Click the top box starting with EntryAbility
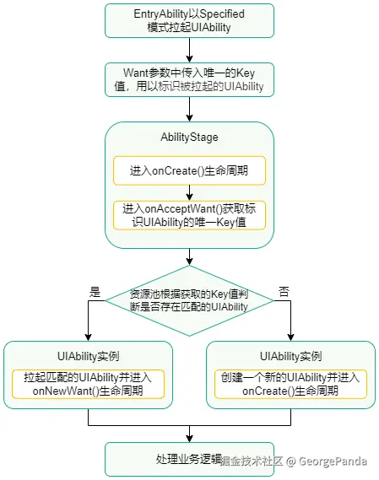pyautogui.click(x=189, y=20)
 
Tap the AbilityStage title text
pyautogui.click(x=189, y=137)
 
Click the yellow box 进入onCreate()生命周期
pyautogui.click(x=189, y=170)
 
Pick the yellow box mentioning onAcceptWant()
pyautogui.click(x=189, y=214)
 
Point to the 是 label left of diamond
pyautogui.click(x=95, y=290)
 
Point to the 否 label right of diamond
pyautogui.click(x=284, y=290)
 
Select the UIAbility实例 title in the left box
pyautogui.click(x=88, y=356)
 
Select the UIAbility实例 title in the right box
pyautogui.click(x=290, y=356)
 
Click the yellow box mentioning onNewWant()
pyautogui.click(x=88, y=384)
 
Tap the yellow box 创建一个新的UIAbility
pyautogui.click(x=290, y=384)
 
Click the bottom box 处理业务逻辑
pyautogui.click(x=189, y=460)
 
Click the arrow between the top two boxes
pyautogui.click(x=189, y=50)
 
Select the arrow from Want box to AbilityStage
pyautogui.click(x=189, y=110)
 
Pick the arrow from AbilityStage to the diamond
pyautogui.click(x=189, y=256)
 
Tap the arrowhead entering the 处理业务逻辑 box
pyautogui.click(x=189, y=439)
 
